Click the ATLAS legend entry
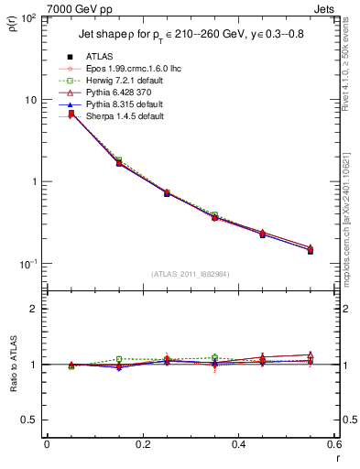(x=99, y=56)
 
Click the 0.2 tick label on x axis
(x=142, y=444)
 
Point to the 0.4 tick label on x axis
(x=238, y=444)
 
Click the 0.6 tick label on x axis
(x=333, y=444)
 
